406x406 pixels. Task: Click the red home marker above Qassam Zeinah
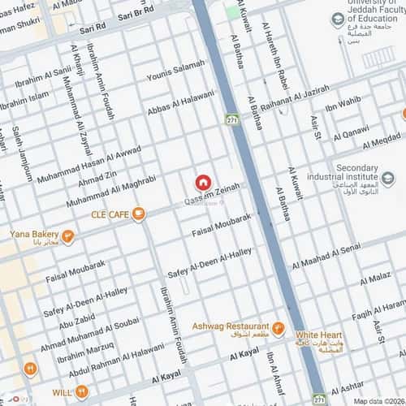202,184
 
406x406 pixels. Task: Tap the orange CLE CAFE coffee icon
139,214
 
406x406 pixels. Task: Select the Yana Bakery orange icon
68,237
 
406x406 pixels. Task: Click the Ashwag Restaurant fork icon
278,329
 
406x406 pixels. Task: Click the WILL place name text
62,392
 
